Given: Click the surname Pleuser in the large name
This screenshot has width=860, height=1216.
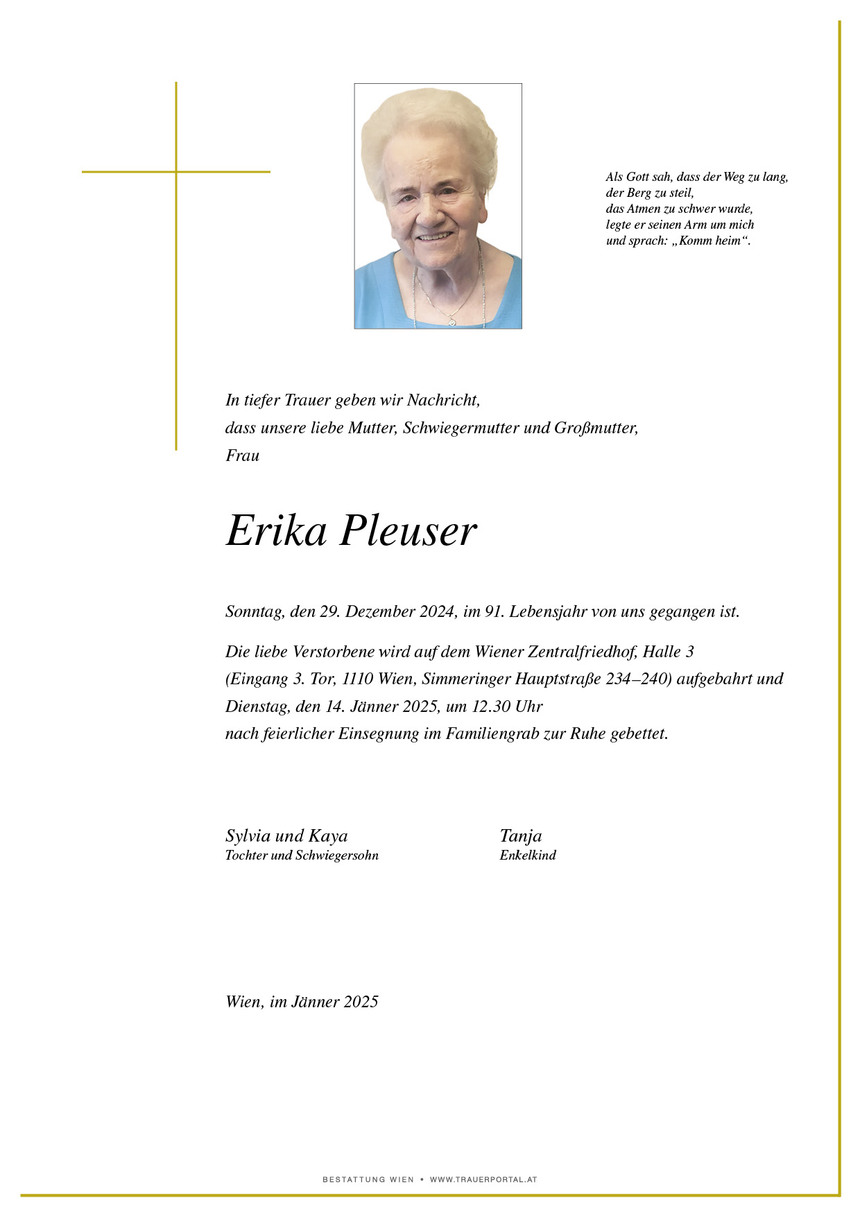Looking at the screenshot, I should (408, 532).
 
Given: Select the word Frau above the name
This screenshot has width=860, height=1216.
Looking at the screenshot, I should (242, 455).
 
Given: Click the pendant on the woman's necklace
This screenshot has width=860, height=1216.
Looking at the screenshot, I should (452, 321).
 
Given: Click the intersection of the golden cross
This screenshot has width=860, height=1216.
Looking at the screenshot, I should (176, 171).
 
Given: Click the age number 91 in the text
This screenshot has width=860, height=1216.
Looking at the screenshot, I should (493, 611).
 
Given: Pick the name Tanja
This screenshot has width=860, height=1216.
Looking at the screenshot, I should (520, 836).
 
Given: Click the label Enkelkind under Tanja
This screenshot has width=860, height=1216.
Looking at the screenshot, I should (528, 855).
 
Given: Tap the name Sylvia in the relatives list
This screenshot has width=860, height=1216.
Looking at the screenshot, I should (248, 836).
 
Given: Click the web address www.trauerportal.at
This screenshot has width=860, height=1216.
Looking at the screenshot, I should (483, 1179).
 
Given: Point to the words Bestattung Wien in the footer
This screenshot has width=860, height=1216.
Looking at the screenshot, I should (368, 1179).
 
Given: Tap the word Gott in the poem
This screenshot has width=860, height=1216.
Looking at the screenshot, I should (637, 177).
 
